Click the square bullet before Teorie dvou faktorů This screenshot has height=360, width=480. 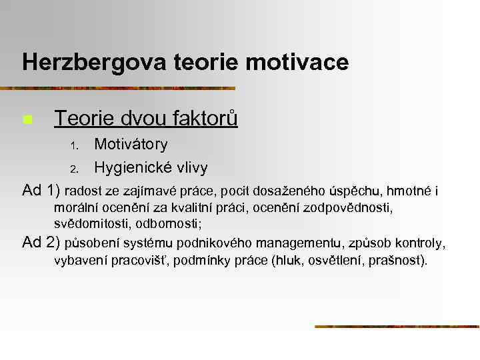[x=27, y=121]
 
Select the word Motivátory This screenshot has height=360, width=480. [x=131, y=144]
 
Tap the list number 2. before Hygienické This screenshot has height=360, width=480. [x=75, y=168]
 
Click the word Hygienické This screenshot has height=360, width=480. [x=132, y=167]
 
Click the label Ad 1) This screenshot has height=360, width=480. [x=41, y=191]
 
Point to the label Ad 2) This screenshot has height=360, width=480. [x=41, y=242]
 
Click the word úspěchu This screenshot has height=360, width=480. [x=352, y=192]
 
